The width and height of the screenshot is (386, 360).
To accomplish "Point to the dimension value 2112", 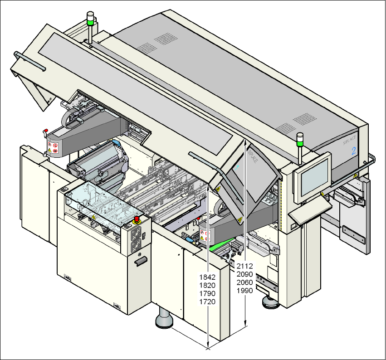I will [245, 266].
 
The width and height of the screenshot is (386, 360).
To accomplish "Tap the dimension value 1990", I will [245, 291].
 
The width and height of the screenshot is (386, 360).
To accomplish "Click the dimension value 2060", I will [245, 282].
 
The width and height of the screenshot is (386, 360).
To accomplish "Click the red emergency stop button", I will [137, 219].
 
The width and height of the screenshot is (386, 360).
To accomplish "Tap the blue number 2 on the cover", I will [353, 151].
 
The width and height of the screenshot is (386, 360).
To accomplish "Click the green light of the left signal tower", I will [90, 20].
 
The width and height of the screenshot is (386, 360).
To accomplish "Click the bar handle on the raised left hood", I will [30, 61].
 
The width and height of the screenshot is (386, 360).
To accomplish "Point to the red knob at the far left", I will [45, 132].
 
